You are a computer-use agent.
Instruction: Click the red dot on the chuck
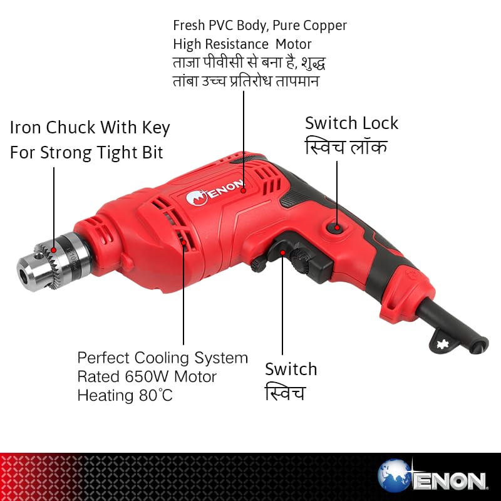(x=54, y=250)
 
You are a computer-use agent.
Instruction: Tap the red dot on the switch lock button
(x=337, y=227)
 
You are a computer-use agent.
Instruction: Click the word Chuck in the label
(x=71, y=128)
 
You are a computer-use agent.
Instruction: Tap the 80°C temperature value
(x=156, y=395)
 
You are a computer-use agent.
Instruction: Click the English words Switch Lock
(x=351, y=123)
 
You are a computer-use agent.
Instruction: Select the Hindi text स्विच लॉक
(x=346, y=147)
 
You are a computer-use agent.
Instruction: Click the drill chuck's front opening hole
(x=23, y=275)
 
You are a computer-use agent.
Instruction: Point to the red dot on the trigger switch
(x=282, y=253)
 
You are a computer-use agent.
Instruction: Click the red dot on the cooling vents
(x=183, y=242)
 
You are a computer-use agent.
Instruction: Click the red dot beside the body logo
(x=244, y=190)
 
